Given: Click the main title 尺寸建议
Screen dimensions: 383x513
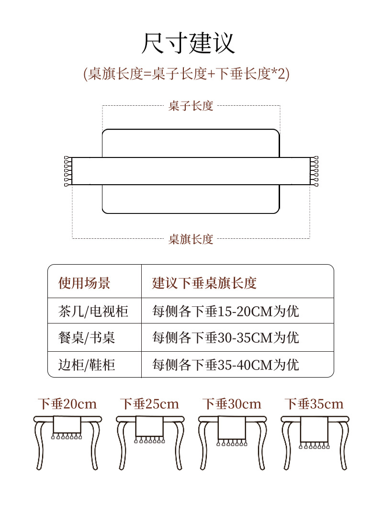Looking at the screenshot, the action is coord(189,43).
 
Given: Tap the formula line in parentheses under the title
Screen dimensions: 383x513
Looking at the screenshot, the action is coord(186,74).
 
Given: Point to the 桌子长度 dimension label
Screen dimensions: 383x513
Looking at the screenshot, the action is coord(191,106).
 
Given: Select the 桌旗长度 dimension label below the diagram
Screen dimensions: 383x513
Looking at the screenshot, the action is coord(191,239).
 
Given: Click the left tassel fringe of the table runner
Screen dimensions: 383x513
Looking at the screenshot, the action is coord(68,171).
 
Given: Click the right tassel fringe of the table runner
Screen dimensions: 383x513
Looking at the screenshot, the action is coord(314,171).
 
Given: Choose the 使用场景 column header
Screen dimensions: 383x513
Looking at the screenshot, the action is coord(84,283).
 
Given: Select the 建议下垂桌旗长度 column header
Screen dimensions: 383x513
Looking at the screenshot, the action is coord(204,283).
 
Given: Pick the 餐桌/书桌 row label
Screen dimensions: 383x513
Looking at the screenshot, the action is coord(87,338).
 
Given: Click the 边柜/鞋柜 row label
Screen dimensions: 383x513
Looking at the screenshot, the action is coord(87,365).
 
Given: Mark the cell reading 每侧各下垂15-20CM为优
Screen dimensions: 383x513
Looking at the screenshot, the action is coord(225,312).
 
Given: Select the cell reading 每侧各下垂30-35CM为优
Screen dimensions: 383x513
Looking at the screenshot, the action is coord(225,338).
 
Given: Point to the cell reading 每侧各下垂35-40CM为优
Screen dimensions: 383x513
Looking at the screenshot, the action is coord(225,365).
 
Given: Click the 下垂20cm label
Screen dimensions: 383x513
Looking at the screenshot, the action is coord(68,404).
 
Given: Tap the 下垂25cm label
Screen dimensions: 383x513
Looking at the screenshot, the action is coord(149,404).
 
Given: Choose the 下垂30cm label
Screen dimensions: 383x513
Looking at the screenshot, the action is coord(232,404).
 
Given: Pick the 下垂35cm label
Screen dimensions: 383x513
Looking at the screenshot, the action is coord(314,404).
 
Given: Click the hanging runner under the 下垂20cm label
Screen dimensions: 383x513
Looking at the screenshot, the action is coord(67,426).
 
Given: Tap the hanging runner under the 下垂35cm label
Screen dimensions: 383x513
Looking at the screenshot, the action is coord(314,431).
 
